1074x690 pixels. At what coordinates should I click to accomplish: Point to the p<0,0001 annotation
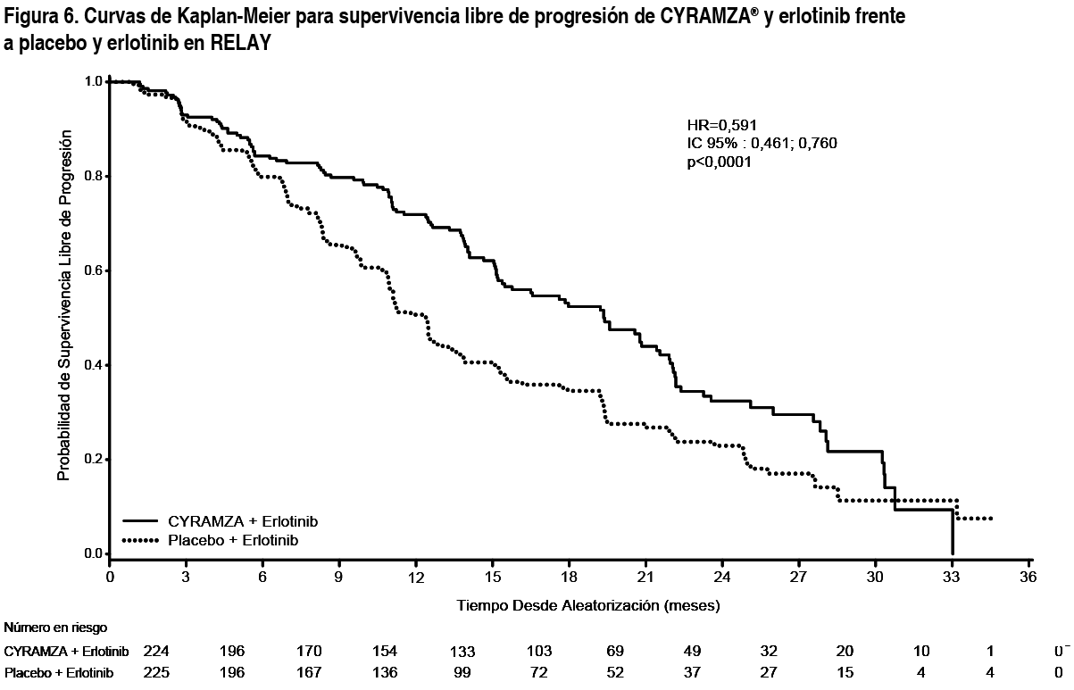(x=719, y=162)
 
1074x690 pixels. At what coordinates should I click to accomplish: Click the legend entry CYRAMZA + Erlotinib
(x=243, y=520)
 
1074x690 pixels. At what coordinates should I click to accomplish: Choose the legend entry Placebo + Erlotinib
(x=233, y=540)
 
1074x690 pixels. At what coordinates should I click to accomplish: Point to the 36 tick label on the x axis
(x=1029, y=578)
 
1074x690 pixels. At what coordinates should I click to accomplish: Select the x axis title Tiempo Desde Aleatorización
(x=588, y=605)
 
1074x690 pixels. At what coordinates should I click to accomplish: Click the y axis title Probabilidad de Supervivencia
(x=63, y=309)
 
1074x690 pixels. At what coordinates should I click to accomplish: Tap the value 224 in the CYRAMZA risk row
(x=156, y=651)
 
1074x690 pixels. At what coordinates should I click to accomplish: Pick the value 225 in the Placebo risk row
(x=156, y=671)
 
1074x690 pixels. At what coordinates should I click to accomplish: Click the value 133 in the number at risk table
(x=462, y=651)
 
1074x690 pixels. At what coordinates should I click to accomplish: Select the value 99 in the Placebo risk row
(x=462, y=671)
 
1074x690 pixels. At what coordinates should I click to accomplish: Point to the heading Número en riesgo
(x=49, y=628)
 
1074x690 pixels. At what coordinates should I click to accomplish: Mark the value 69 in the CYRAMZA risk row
(x=616, y=651)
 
